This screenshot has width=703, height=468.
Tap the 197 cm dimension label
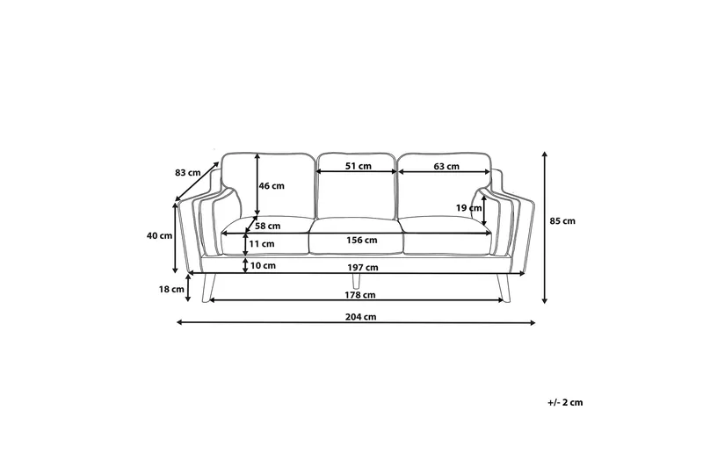[363, 267]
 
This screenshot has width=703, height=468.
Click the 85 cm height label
[562, 220]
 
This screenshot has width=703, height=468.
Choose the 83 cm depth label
[187, 172]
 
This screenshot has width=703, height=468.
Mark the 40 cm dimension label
[159, 235]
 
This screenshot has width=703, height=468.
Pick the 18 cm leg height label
[171, 288]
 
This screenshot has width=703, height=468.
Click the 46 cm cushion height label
[272, 185]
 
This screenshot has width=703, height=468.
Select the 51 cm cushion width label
[358, 166]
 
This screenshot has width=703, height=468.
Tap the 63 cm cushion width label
[446, 166]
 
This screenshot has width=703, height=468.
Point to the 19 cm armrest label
[468, 208]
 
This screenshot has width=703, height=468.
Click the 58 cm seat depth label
[267, 226]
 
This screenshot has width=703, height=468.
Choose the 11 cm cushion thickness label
[262, 243]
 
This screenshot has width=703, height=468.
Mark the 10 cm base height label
[263, 265]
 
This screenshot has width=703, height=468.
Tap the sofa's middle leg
[355, 280]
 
